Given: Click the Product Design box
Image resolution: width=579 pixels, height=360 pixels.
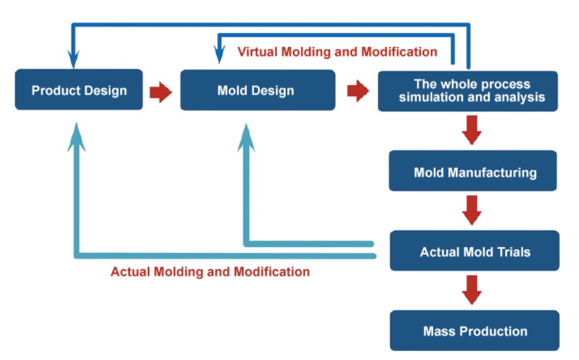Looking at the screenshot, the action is pyautogui.click(x=78, y=90).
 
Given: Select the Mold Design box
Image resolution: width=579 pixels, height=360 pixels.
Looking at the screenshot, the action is pyautogui.click(x=258, y=90).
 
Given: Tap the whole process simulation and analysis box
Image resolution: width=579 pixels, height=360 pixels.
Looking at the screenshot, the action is pyautogui.click(x=468, y=91).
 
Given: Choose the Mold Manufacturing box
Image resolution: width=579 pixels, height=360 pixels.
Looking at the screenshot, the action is pyautogui.click(x=473, y=171).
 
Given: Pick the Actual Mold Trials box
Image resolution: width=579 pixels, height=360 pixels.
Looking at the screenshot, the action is pyautogui.click(x=475, y=251).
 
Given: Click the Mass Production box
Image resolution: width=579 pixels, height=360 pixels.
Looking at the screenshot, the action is pyautogui.click(x=475, y=330).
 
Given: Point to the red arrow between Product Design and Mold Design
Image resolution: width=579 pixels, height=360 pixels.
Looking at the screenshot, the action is pyautogui.click(x=161, y=92).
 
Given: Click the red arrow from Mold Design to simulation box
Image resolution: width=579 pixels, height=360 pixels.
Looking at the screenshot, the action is pyautogui.click(x=358, y=91).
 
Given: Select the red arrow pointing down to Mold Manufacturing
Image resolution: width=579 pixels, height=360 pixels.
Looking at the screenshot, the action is pyautogui.click(x=471, y=130).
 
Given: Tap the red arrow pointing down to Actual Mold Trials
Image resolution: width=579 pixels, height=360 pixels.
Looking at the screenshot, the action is pyautogui.click(x=471, y=210).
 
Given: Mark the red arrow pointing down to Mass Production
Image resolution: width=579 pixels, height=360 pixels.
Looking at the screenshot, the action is pyautogui.click(x=471, y=290).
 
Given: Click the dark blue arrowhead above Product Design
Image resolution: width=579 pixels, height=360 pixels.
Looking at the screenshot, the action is pyautogui.click(x=73, y=59).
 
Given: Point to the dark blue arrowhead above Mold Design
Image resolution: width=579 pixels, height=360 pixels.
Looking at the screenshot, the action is pyautogui.click(x=219, y=54).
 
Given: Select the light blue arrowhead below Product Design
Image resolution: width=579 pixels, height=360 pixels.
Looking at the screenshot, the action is pyautogui.click(x=77, y=138).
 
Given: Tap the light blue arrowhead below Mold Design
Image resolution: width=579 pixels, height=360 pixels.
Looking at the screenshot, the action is pyautogui.click(x=246, y=138).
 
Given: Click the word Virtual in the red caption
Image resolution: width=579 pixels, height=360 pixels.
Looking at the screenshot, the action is pyautogui.click(x=257, y=52).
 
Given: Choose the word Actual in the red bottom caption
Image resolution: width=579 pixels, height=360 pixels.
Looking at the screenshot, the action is pyautogui.click(x=130, y=272).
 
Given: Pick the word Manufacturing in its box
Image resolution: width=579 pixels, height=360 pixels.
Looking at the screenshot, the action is pyautogui.click(x=492, y=173).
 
